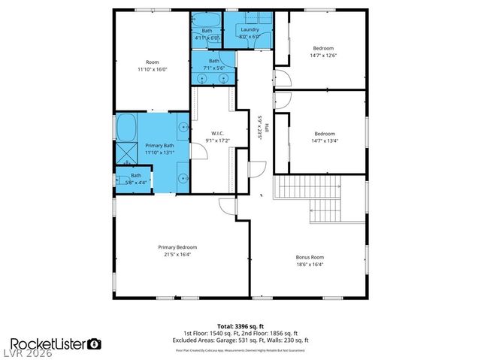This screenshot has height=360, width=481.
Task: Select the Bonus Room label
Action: [310, 257]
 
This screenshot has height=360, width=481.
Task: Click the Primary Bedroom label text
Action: [177, 247]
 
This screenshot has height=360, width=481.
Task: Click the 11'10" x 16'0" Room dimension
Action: [152, 69]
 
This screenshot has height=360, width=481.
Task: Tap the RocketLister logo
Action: [52, 343]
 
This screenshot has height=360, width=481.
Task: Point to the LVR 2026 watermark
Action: [27, 354]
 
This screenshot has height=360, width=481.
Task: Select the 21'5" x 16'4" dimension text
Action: [177, 254]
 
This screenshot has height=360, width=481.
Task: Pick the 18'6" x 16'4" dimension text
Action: [310, 264]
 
